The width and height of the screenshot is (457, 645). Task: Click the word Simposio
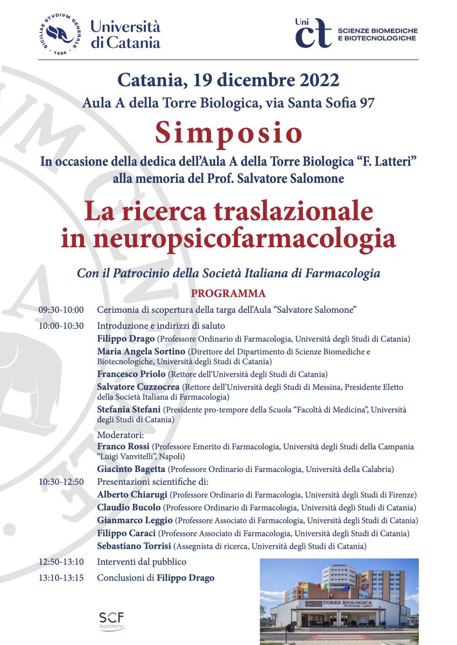[x=228, y=133]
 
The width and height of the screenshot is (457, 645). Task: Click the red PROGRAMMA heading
[x=228, y=293]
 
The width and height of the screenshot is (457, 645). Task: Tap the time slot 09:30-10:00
[x=61, y=310]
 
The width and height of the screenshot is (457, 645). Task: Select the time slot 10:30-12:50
[x=61, y=481]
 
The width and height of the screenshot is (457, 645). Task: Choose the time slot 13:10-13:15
[x=61, y=578]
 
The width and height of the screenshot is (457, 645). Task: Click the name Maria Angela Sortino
[x=137, y=352]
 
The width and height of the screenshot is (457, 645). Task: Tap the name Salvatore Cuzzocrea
[x=138, y=387]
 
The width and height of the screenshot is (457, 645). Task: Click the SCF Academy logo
[x=111, y=621]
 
